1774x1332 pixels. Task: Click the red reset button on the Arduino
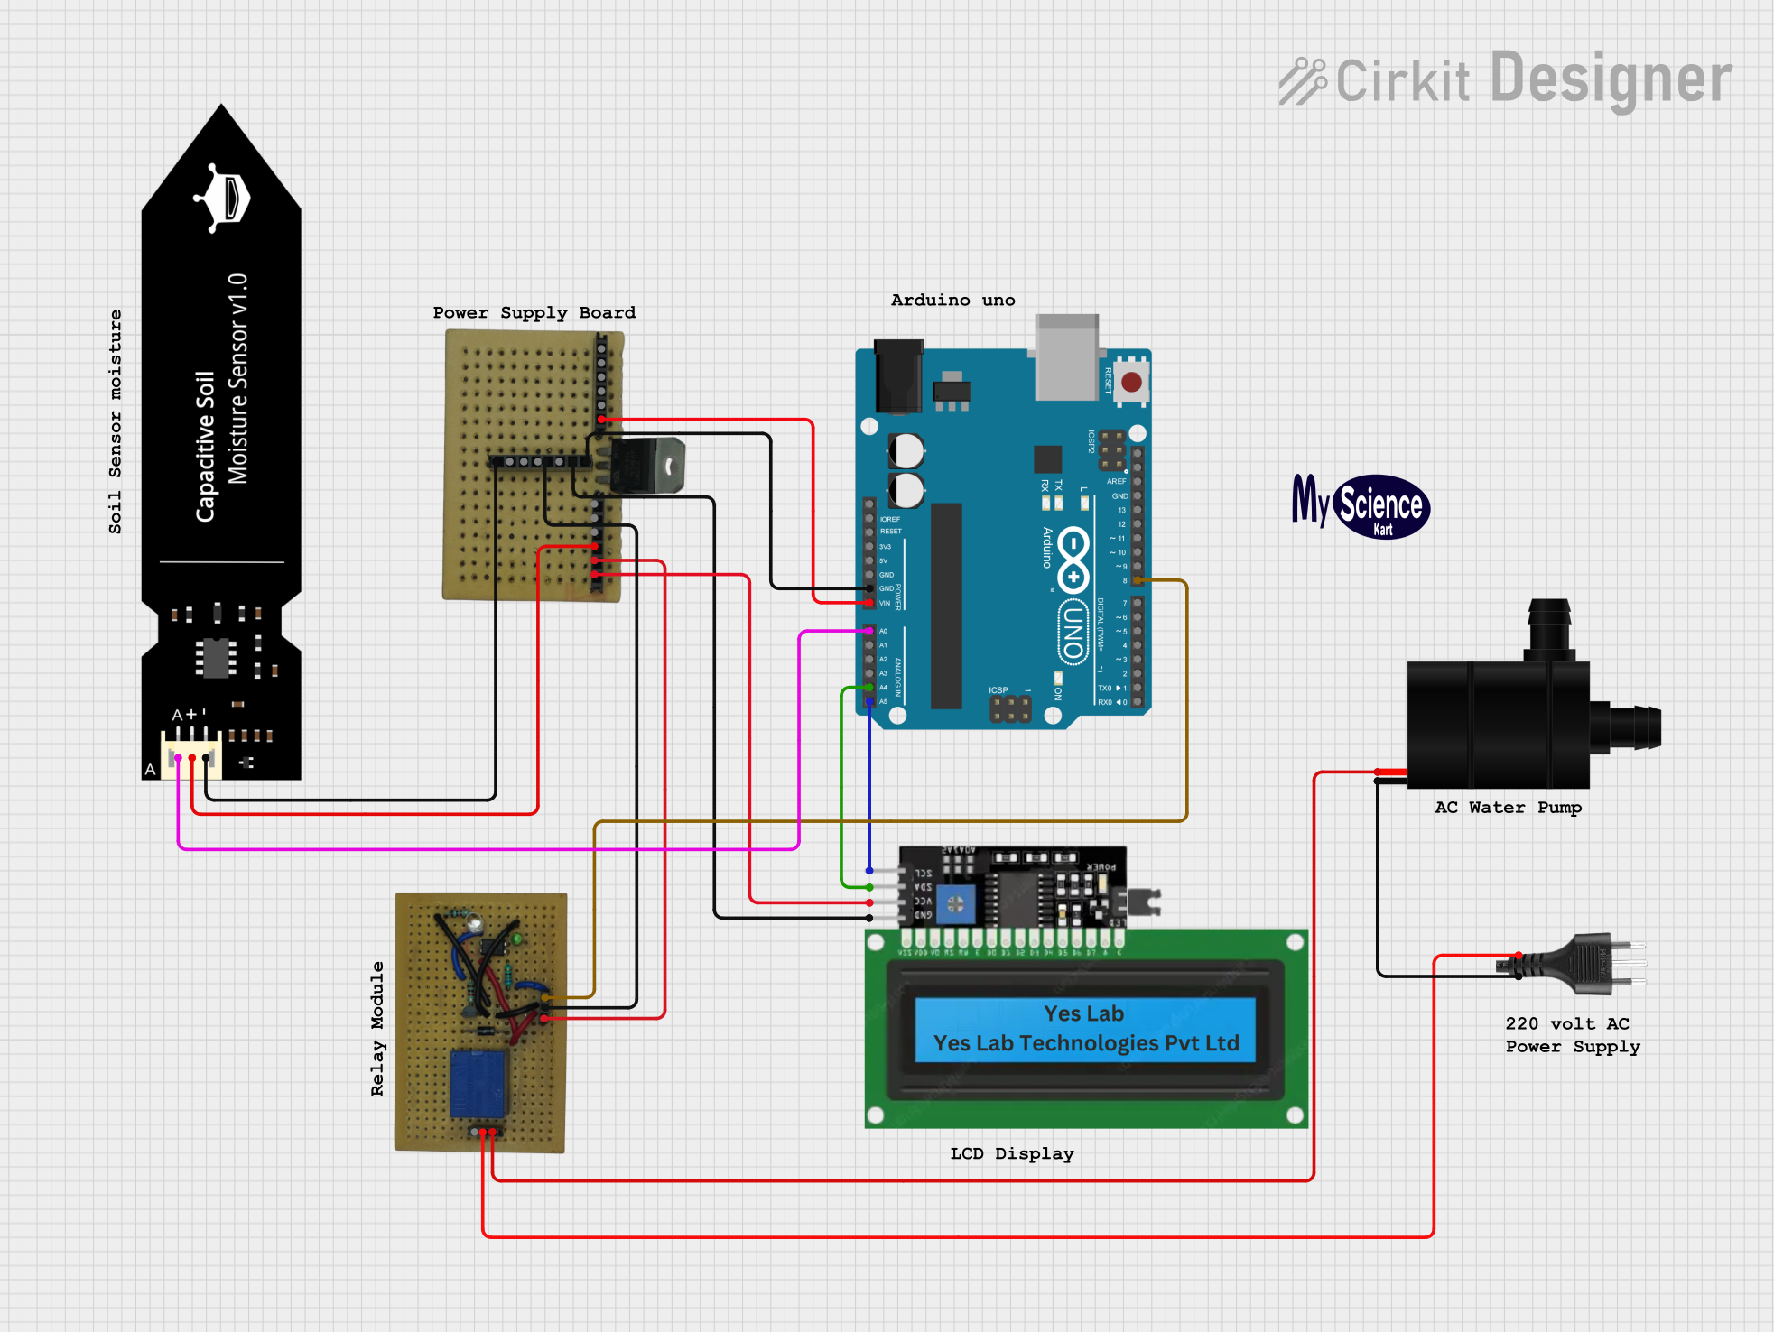(1131, 382)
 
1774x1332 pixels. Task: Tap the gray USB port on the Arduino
(1066, 357)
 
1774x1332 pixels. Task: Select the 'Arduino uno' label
(952, 301)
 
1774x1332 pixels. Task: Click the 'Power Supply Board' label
(534, 313)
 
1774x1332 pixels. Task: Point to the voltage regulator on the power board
(646, 466)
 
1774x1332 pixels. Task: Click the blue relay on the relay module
(478, 1084)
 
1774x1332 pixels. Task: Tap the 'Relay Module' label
(377, 1029)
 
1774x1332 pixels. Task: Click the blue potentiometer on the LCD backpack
(955, 903)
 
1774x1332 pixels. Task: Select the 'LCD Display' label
(1011, 1154)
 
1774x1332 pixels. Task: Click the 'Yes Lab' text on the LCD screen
(1083, 1014)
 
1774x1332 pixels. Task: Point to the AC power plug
(1589, 964)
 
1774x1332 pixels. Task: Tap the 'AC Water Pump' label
(1508, 808)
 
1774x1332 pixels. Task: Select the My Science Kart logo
(1361, 505)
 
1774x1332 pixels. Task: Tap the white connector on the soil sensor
(191, 754)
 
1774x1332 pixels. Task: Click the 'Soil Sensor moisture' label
(115, 421)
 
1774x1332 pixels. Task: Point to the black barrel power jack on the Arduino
(898, 375)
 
